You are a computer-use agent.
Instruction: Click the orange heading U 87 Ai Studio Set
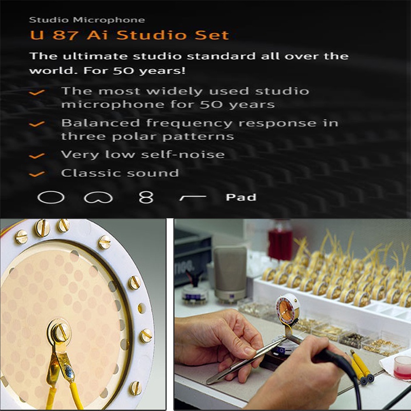coord(129,35)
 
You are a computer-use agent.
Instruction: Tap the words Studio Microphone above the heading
coord(87,20)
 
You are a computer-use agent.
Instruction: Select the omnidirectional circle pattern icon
coord(51,197)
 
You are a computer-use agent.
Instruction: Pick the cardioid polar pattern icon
coord(98,197)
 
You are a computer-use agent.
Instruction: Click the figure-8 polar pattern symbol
coord(146,197)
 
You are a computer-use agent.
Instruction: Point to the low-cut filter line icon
coord(193,198)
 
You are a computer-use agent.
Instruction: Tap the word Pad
coord(241,197)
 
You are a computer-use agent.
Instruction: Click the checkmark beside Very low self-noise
coord(36,156)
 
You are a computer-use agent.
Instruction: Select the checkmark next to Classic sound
coord(36,174)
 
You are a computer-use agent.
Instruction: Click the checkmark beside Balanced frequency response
coord(36,123)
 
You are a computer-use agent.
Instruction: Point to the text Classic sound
coord(120,173)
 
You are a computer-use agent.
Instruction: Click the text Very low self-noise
coord(143,155)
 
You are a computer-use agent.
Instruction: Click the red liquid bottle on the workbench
coord(280,238)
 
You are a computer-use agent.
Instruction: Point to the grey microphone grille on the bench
coord(230,273)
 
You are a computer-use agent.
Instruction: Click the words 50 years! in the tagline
coord(149,71)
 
